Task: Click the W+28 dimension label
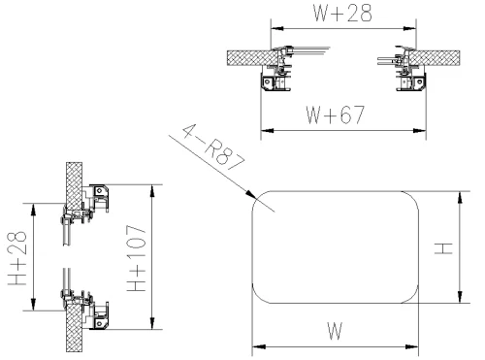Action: tap(342, 13)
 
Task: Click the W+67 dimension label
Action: tap(336, 115)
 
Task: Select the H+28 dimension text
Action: tap(17, 258)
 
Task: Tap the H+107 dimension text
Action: tap(137, 258)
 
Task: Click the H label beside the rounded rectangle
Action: tap(443, 247)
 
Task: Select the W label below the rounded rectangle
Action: tap(335, 331)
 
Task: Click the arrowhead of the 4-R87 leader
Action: tap(250, 193)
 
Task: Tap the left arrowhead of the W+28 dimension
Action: tap(277, 28)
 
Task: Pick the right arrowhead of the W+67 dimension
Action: tap(419, 131)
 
